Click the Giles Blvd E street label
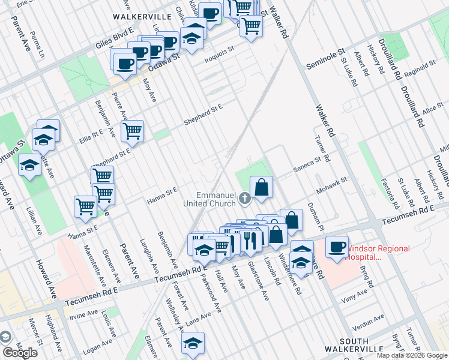coord(114,39)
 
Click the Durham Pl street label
coord(316,215)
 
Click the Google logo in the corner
coord(20,353)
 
